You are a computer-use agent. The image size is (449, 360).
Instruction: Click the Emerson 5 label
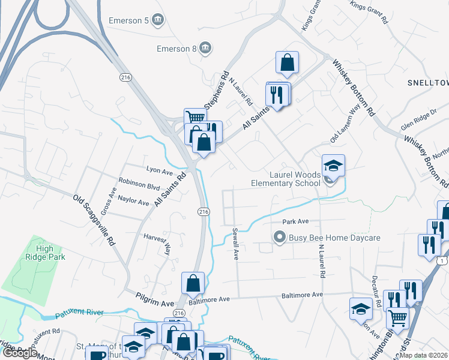pos(128,20)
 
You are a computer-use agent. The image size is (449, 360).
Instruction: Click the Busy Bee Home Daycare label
pos(334,238)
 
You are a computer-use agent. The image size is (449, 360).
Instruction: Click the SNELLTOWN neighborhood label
pos(427,82)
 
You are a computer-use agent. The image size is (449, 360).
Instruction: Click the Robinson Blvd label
pos(139,186)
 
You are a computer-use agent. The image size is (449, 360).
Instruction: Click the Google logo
pos(20,353)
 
